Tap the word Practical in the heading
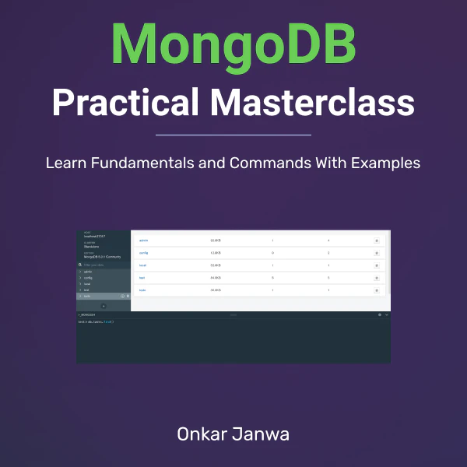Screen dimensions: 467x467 click(x=125, y=103)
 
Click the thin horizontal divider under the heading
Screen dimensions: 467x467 click(x=233, y=135)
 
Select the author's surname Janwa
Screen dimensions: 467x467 click(x=263, y=434)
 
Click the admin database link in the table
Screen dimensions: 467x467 click(x=143, y=241)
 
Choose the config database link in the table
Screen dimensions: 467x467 click(x=143, y=253)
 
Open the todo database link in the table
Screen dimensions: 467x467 click(x=142, y=290)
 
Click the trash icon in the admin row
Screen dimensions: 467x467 click(x=377, y=241)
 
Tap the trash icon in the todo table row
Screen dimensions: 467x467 click(x=377, y=290)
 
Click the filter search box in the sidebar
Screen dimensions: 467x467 click(x=104, y=265)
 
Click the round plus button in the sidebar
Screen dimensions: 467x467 click(x=104, y=306)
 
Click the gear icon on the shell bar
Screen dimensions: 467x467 click(x=379, y=314)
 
